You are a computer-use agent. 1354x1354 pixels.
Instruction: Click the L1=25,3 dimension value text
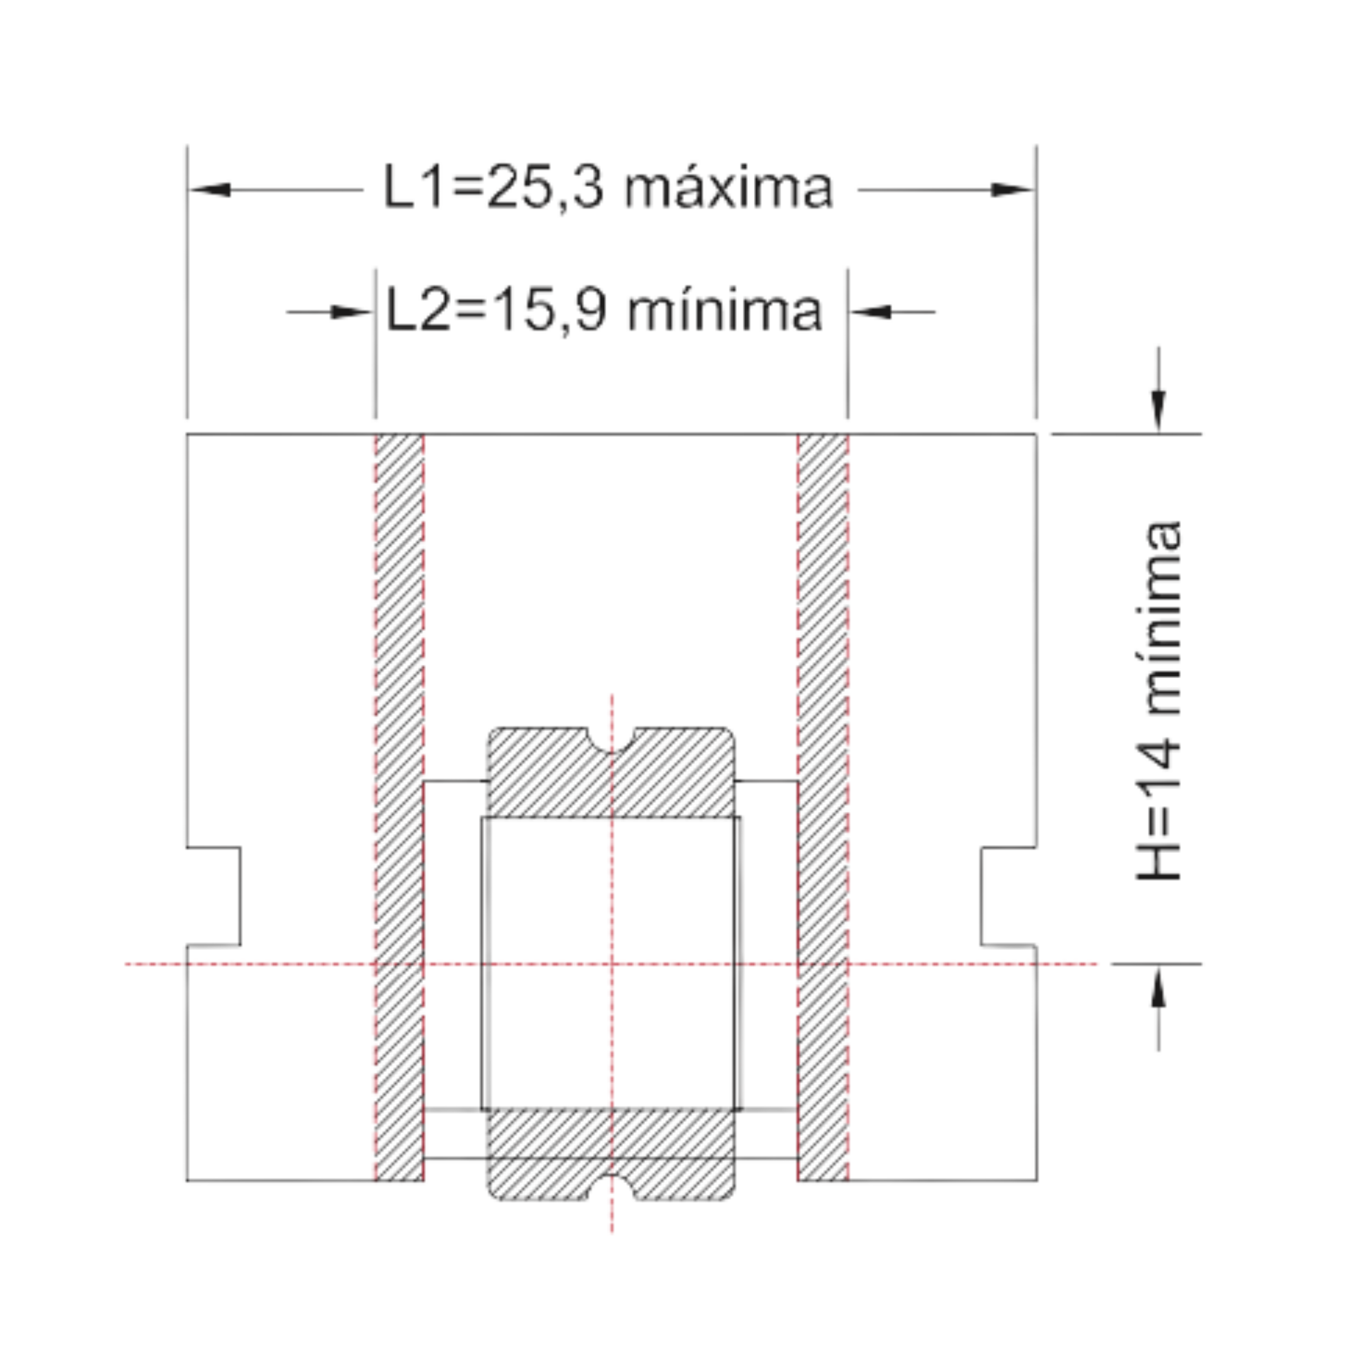click(493, 188)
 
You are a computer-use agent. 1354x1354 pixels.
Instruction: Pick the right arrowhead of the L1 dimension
click(1012, 189)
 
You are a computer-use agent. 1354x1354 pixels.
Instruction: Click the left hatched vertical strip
click(400, 807)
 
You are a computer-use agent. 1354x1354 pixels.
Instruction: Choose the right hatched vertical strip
click(823, 807)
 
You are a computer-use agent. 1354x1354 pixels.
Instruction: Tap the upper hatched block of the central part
click(611, 772)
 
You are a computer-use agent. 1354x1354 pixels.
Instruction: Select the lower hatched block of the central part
click(611, 1155)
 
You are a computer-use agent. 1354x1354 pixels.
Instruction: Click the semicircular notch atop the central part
click(611, 739)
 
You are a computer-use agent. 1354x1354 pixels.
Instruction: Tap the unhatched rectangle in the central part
click(611, 963)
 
